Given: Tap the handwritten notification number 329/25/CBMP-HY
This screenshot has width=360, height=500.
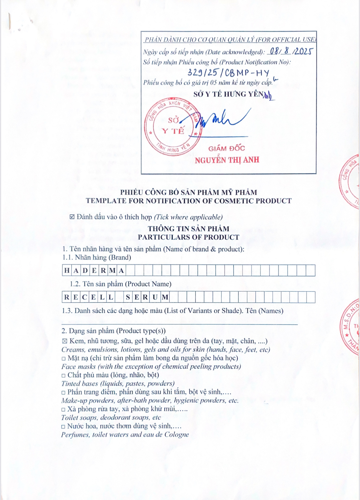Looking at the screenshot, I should point(228,72).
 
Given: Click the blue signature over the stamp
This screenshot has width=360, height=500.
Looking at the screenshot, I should point(222,119).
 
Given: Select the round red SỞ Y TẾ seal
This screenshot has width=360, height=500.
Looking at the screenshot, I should point(173,127).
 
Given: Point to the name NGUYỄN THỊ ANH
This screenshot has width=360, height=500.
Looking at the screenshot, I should point(227,160).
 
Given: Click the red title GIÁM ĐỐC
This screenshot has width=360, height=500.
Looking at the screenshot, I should point(227,148).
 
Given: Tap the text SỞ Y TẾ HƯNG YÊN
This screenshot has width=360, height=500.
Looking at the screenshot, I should point(229,94).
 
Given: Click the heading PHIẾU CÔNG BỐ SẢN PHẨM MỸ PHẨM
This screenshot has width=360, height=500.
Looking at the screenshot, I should point(189,192).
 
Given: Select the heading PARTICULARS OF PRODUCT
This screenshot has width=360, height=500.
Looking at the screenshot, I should point(189,237).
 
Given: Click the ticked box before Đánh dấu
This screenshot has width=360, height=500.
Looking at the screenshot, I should point(72,217).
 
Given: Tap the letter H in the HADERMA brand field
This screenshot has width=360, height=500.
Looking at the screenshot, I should point(67,271).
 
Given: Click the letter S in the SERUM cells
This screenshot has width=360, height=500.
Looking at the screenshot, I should point(128,297).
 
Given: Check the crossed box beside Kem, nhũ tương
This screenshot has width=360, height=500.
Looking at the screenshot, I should point(65,341).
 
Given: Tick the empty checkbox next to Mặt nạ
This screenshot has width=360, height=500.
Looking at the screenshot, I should point(64,358).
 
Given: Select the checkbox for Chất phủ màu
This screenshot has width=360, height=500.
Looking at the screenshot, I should point(63,375).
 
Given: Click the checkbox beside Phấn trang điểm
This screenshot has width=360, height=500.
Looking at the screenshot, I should point(63,393).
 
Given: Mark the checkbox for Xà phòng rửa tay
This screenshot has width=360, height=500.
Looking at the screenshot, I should point(63,410).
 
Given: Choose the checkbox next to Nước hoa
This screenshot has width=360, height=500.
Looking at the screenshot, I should point(63,427).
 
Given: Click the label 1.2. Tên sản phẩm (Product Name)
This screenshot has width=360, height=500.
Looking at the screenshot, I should point(121,284).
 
